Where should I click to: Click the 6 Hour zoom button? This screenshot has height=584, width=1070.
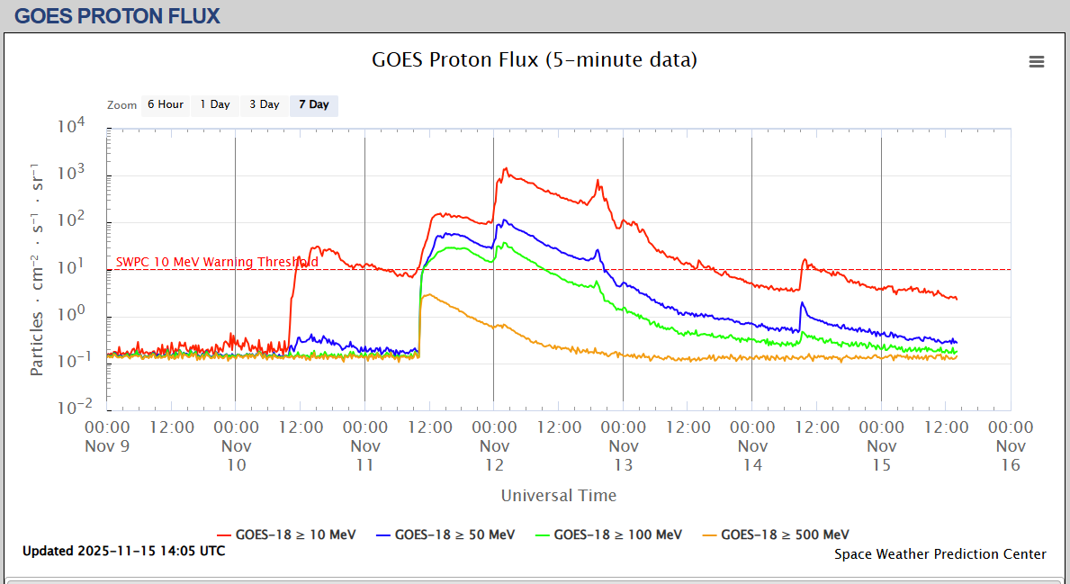point(166,105)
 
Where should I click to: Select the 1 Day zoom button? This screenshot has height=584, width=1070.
point(215,105)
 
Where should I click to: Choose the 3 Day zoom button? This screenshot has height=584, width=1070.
point(265,105)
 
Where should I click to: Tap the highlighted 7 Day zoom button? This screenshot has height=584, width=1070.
point(314,105)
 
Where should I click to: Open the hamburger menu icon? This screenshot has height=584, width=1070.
point(1037,61)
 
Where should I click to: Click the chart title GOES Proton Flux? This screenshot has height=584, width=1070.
point(535,60)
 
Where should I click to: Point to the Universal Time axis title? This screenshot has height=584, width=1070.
point(559,496)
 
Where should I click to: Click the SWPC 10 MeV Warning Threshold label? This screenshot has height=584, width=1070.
point(217,262)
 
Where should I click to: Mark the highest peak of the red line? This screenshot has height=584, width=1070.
point(506,168)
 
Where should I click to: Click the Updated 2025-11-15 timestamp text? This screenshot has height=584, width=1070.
point(124,551)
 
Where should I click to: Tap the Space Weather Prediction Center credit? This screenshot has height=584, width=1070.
point(940,554)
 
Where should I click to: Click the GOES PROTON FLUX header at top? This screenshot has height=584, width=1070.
point(118,15)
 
